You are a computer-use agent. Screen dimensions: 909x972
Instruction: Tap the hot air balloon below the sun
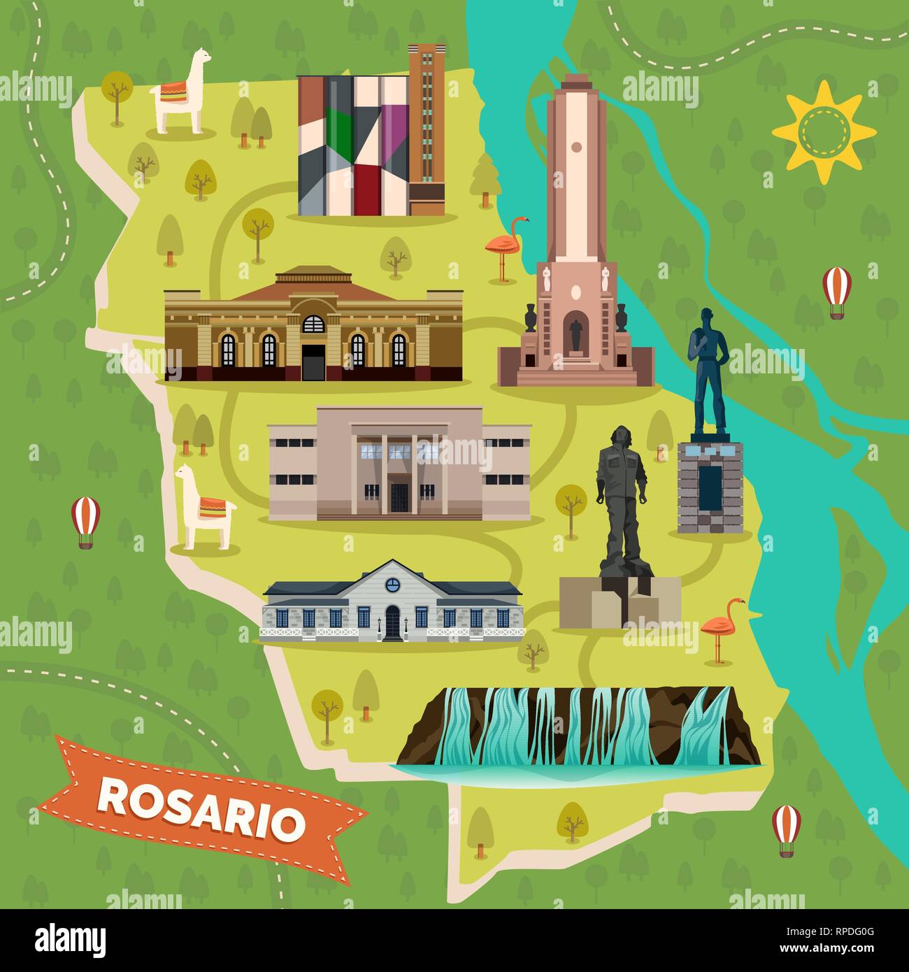(836, 292)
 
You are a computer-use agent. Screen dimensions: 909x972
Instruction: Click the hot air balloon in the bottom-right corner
(787, 829)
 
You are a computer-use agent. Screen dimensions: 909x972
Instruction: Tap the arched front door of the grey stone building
(392, 622)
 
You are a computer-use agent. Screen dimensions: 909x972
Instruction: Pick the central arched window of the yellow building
(313, 324)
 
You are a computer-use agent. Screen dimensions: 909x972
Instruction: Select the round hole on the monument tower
(576, 147)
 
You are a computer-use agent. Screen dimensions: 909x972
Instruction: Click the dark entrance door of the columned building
(399, 496)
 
